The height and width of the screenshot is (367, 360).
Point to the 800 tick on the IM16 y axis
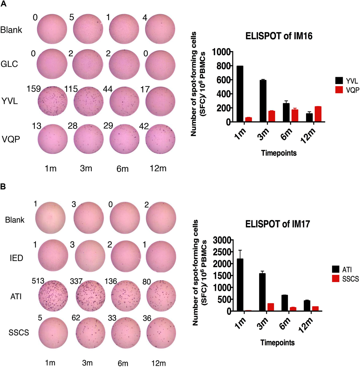pyautogui.click(x=222, y=66)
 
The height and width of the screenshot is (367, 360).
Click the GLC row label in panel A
pyautogui.click(x=9, y=64)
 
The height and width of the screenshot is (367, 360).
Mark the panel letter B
pyautogui.click(x=3, y=187)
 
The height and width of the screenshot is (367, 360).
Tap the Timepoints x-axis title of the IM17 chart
pyautogui.click(x=277, y=342)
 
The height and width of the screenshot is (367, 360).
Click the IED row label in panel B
pyautogui.click(x=16, y=258)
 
